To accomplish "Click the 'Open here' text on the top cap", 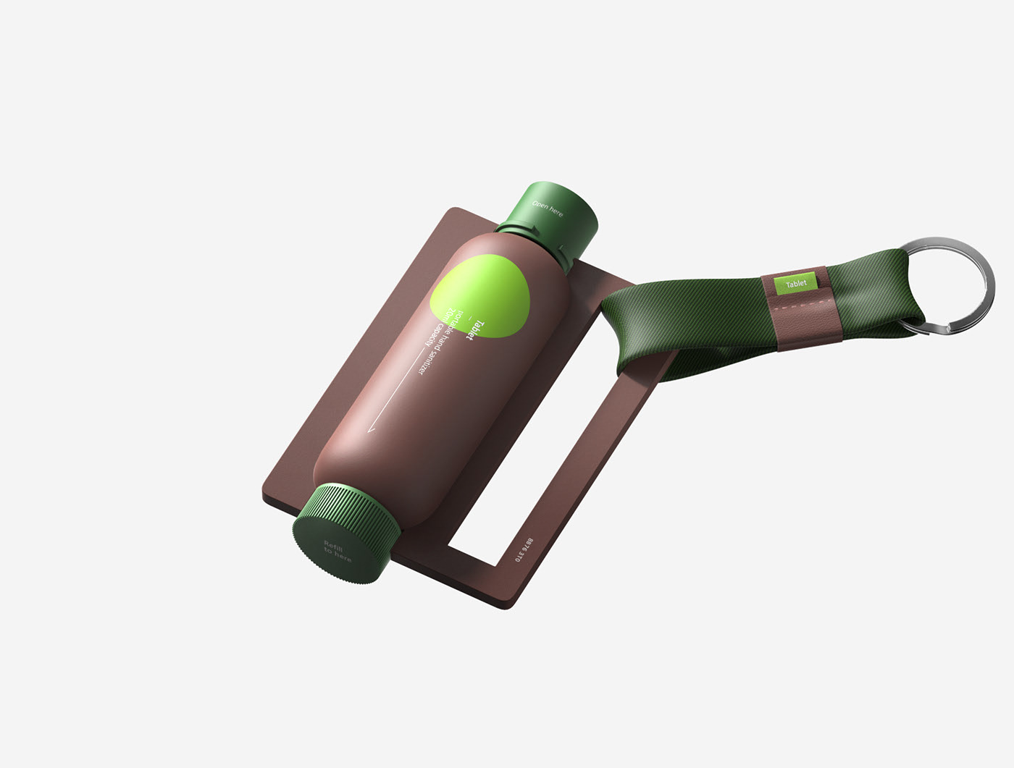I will point(547,208).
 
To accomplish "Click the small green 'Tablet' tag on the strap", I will point(796,284).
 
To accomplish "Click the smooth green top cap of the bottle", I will point(558,210).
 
